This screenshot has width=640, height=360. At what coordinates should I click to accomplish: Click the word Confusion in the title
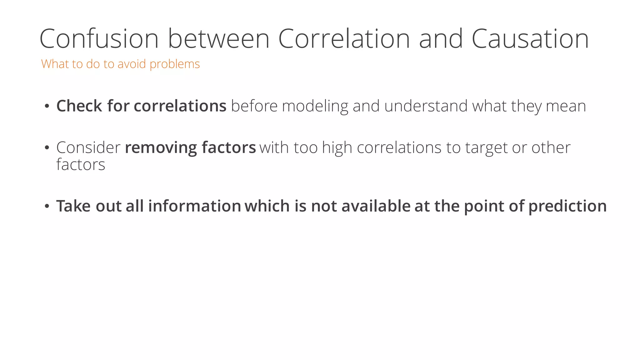click(99, 39)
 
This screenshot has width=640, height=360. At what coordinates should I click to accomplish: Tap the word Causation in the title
click(530, 39)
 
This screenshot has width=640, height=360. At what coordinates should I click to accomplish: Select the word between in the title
click(218, 39)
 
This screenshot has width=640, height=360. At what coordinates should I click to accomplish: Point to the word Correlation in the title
click(344, 39)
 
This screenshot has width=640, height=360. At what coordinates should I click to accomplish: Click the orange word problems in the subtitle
click(174, 64)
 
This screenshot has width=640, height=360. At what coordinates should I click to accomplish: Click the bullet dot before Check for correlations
click(47, 106)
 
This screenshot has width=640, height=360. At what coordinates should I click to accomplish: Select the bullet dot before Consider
click(47, 147)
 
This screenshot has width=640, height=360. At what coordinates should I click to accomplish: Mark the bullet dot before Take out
click(47, 206)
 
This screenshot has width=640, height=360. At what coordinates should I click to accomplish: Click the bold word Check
click(79, 106)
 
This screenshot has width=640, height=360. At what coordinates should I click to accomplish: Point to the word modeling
click(315, 107)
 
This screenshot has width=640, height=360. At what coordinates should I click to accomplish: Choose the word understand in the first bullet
click(426, 106)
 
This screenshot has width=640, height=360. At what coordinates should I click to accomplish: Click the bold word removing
click(161, 148)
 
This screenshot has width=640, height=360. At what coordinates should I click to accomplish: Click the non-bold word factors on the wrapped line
click(81, 165)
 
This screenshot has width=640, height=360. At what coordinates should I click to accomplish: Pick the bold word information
click(194, 206)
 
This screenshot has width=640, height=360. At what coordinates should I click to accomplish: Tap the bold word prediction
click(567, 207)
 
